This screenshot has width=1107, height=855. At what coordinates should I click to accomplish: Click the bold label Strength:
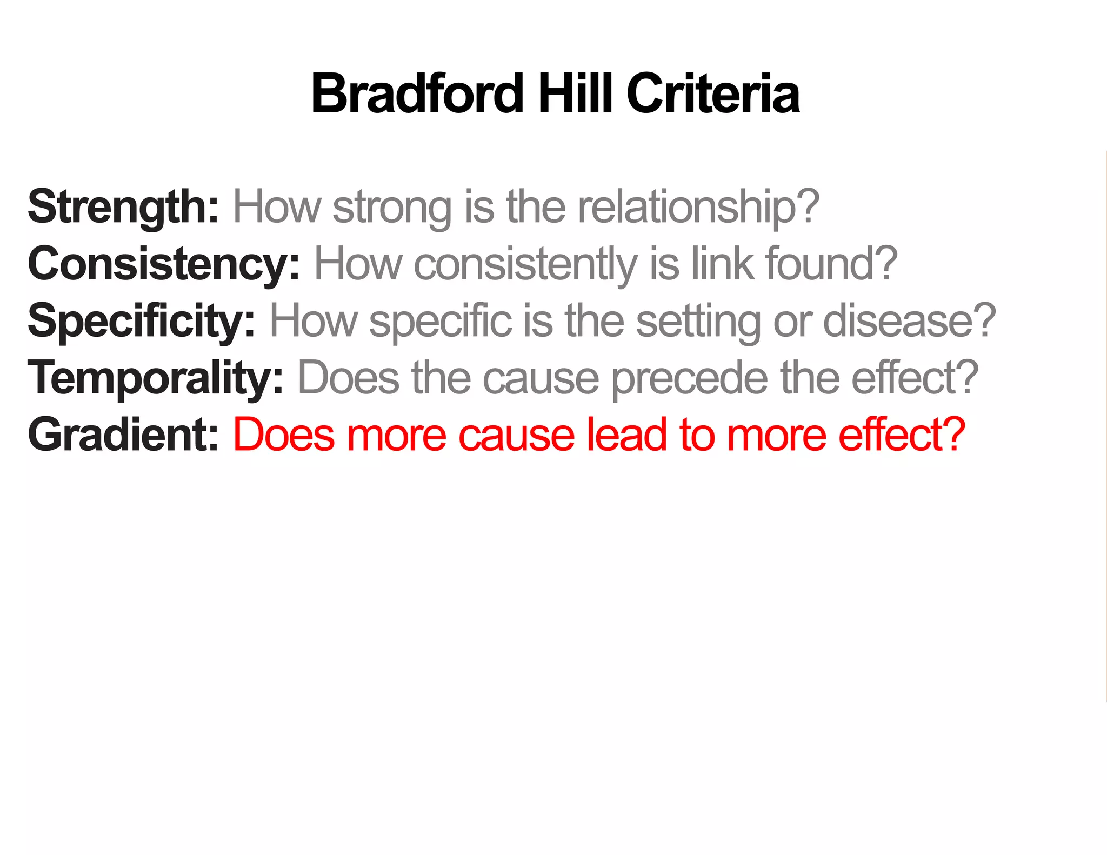123,208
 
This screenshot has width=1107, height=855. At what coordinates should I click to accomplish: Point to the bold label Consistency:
164,264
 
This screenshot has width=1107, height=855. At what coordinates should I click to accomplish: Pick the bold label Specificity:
141,322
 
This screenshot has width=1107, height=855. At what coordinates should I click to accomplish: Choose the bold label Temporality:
156,378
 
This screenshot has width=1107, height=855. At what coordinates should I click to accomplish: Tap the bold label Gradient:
123,435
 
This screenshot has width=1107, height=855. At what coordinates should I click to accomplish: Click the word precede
689,378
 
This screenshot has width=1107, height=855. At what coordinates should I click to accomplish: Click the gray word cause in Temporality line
541,378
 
